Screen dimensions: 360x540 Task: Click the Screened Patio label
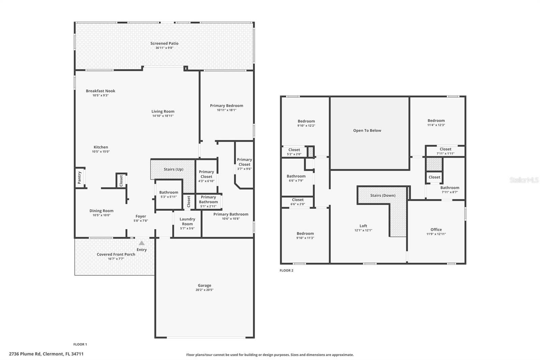(164, 43)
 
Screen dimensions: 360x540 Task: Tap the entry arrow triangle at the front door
(142, 243)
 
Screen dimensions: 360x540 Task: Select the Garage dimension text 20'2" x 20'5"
(205, 290)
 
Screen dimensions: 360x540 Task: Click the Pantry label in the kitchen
(80, 178)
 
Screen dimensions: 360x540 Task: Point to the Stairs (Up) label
(173, 169)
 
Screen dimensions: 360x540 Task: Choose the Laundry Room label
(187, 222)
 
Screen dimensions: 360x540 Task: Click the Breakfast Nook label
(100, 91)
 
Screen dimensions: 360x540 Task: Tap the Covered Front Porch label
(116, 254)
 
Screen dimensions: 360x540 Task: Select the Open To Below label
(367, 131)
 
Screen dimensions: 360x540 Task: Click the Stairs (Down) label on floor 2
(383, 196)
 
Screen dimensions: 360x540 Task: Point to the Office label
(436, 230)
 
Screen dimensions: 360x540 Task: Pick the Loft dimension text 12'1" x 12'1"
(363, 230)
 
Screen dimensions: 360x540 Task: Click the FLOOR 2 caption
(286, 271)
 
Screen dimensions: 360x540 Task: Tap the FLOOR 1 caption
(80, 344)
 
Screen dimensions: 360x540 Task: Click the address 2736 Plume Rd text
(46, 354)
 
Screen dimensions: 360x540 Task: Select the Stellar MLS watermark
(524, 180)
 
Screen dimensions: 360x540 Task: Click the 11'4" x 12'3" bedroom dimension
(436, 125)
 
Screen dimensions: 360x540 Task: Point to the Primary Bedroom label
(226, 106)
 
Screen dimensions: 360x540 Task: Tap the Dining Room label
(101, 211)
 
